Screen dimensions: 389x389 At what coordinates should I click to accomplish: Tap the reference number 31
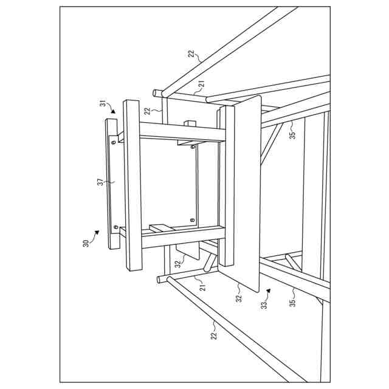click(x=103, y=105)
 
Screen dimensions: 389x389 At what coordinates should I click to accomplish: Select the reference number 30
click(x=86, y=243)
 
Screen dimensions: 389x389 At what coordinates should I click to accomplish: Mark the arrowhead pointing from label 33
click(x=268, y=292)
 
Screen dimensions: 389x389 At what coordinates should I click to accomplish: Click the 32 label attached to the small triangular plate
click(x=177, y=264)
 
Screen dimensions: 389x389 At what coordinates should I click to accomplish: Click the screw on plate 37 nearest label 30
click(x=114, y=227)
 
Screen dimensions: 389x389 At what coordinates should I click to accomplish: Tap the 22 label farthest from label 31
click(x=214, y=335)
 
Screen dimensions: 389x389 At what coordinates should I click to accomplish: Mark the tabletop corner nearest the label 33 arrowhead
click(x=258, y=290)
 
